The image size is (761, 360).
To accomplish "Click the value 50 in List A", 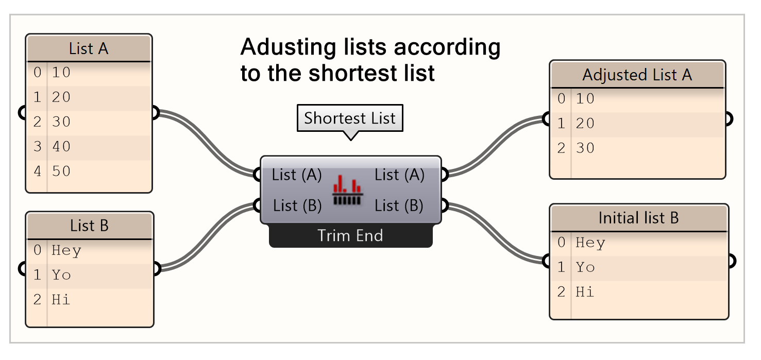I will point(61,171).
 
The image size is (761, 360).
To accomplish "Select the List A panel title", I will point(89,49).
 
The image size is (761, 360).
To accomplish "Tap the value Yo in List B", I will point(61,275).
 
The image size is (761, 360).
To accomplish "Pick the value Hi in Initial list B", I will point(585,292).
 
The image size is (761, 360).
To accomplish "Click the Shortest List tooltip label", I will point(349,118).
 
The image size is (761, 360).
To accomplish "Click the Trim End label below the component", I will point(350,236).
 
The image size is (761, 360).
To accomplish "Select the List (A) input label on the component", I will point(297,175).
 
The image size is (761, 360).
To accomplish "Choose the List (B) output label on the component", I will point(399,206).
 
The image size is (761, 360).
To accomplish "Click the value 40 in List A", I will point(61,146).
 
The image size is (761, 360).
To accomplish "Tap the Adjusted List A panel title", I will point(637,75).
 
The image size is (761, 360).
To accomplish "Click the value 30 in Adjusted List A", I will point(585,148).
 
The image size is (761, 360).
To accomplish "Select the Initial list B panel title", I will point(638,218).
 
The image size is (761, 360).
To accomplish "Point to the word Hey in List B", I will point(66,251).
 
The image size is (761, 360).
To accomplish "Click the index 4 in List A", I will point(37,171).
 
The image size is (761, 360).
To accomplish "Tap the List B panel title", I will point(89,226).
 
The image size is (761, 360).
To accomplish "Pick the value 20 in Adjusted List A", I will point(585,124).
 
